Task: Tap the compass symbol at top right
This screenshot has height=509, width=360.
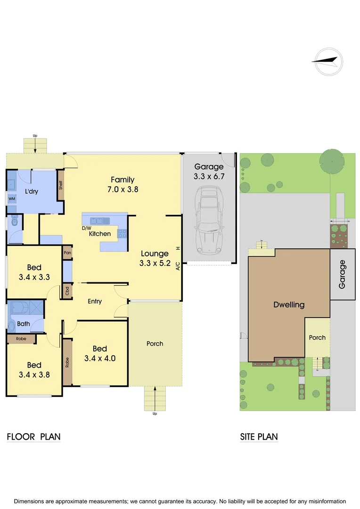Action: coord(328,62)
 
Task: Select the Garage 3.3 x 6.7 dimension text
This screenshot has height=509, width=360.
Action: coord(209,177)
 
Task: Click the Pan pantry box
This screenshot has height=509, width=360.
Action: coord(67,253)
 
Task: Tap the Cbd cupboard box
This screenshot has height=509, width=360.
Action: coord(67,291)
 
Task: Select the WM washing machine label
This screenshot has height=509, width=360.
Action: coord(11,199)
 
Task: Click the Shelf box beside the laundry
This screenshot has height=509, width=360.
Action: coord(61,185)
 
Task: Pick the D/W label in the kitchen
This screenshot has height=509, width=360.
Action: coord(86,228)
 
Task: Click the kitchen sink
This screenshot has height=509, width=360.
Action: coord(100,221)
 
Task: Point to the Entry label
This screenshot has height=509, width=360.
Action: coord(95,301)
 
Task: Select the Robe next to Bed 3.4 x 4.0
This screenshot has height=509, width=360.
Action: coord(67,362)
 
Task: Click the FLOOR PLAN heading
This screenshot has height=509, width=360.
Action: coord(33,437)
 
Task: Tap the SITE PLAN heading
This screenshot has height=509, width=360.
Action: coord(259,437)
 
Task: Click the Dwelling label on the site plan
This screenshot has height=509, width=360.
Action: coord(289,304)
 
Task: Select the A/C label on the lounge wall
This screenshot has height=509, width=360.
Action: coord(178,266)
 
